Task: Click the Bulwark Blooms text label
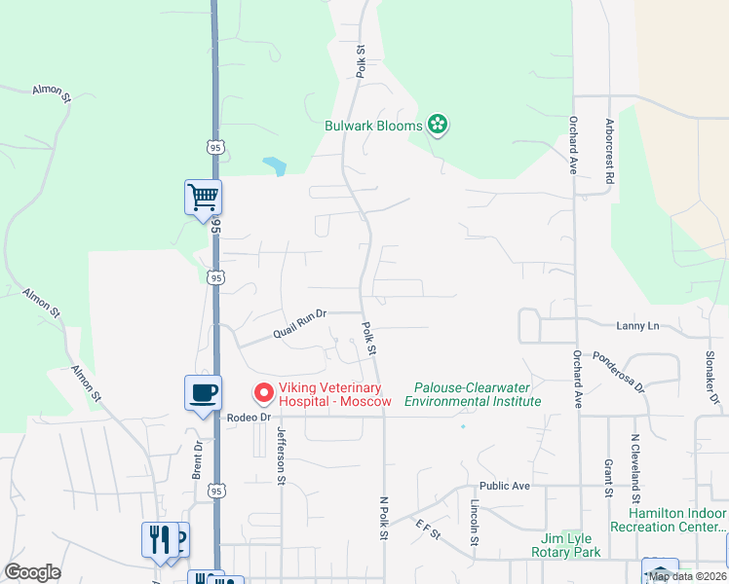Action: click(373, 126)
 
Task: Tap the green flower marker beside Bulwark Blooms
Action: click(439, 125)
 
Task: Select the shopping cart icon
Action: click(204, 198)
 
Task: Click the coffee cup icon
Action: click(204, 393)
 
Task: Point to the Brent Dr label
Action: click(198, 458)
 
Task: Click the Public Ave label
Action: click(504, 486)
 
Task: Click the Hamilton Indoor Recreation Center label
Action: click(669, 520)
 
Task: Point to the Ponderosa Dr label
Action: click(619, 371)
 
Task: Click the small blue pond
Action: click(275, 166)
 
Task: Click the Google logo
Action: click(32, 572)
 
